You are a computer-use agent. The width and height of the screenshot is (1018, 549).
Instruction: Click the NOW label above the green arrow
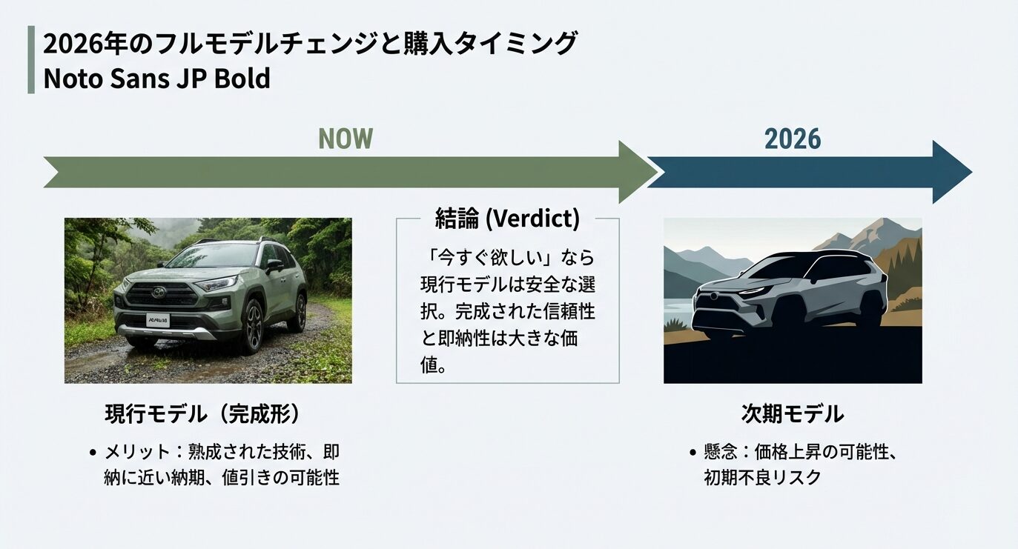tap(345, 139)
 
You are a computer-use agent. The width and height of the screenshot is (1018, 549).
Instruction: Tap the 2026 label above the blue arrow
tap(793, 139)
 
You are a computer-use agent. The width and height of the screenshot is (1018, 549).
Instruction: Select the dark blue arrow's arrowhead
tap(952, 172)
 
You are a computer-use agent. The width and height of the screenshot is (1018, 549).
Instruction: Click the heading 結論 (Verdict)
tap(507, 219)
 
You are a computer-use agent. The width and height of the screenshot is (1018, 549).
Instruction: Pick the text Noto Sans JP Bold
tap(156, 79)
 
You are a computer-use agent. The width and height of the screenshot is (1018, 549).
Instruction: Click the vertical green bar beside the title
tap(31, 59)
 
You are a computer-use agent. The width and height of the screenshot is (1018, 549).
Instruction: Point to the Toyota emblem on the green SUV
tap(158, 292)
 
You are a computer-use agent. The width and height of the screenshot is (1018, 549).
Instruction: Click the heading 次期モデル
tap(792, 413)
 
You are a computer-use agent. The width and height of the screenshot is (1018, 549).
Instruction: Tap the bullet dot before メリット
tap(93, 453)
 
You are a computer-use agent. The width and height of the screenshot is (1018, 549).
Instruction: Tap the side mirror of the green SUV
tap(274, 264)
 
